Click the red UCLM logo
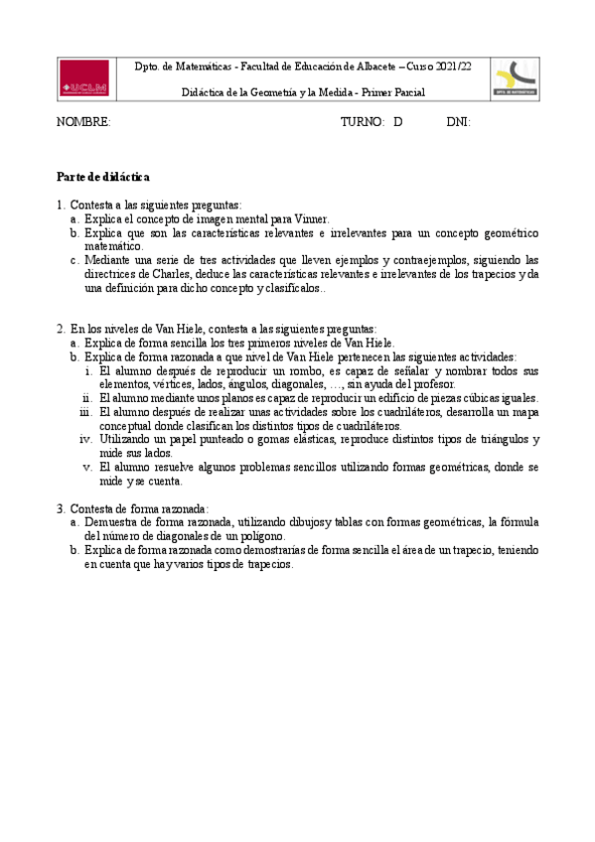pyautogui.click(x=84, y=78)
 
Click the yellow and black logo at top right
pyautogui.click(x=515, y=78)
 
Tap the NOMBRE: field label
pyautogui.click(x=82, y=122)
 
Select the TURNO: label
pyautogui.click(x=362, y=122)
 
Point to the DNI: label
pyautogui.click(x=458, y=122)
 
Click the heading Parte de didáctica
pyautogui.click(x=102, y=177)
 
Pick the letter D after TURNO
pyautogui.click(x=397, y=122)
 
